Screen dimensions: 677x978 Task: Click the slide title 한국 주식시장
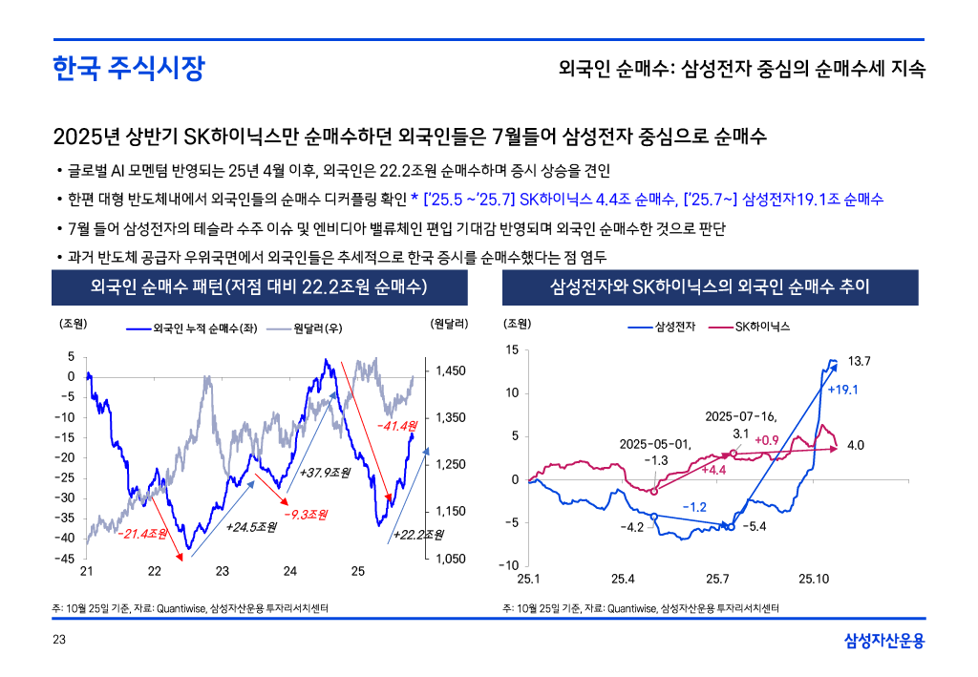pos(129,69)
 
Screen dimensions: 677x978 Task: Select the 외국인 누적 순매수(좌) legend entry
pos(196,328)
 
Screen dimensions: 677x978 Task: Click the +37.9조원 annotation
pos(325,472)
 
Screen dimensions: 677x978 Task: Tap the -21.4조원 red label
pos(142,532)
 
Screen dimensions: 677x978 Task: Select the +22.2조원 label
pos(419,534)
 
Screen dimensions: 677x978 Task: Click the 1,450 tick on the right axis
pos(450,370)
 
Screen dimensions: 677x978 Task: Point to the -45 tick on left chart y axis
pos(66,559)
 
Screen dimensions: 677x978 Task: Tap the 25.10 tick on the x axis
pos(814,579)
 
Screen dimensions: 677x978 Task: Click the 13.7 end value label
pos(861,361)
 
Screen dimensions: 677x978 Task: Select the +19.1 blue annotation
pos(843,390)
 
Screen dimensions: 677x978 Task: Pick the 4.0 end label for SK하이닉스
pos(856,445)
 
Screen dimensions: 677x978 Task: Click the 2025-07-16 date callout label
pos(741,416)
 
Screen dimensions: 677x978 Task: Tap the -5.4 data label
pos(755,526)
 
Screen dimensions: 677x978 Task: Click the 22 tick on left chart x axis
pos(155,571)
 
